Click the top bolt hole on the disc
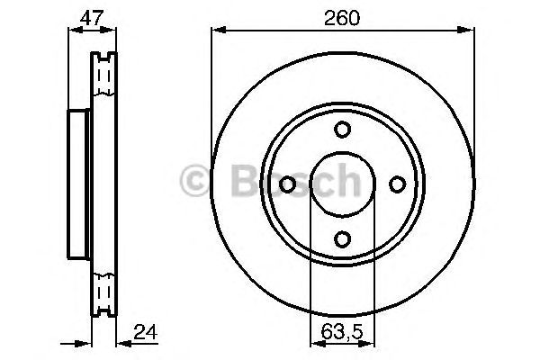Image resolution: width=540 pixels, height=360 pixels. click(342, 130)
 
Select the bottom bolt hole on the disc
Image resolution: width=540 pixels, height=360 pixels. click(342, 238)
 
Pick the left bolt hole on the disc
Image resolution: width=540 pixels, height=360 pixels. click(288, 184)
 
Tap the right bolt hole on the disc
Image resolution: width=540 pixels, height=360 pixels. click(397, 184)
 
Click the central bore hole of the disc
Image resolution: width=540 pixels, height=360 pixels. click(342, 184)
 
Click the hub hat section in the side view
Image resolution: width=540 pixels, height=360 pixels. click(77, 184)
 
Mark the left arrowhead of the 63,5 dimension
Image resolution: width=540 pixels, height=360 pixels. click(313, 343)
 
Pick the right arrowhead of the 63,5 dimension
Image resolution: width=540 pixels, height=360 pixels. click(371, 343)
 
